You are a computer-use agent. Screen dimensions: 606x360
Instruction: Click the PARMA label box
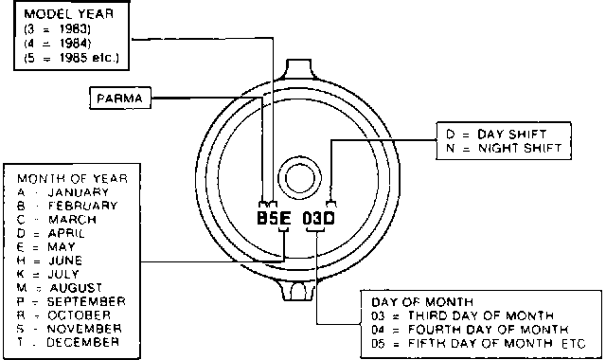120,99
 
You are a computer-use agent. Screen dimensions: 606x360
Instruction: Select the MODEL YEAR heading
69,14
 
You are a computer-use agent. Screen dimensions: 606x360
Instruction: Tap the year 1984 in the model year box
75,44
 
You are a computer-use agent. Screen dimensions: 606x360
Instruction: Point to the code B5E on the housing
274,219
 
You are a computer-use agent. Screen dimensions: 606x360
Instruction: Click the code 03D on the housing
318,219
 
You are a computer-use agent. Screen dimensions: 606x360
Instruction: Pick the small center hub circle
299,178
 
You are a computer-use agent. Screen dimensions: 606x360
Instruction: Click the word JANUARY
78,192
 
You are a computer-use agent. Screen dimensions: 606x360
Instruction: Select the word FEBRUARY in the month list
82,206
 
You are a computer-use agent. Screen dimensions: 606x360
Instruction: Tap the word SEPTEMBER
86,301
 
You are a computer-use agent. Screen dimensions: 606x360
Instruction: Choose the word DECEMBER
82,342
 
